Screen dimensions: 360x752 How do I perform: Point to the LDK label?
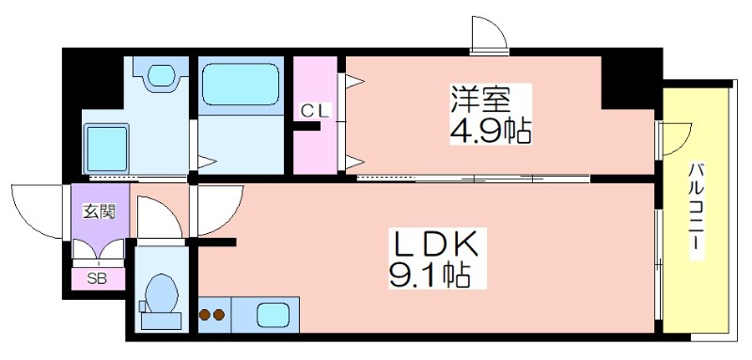tap(438, 246)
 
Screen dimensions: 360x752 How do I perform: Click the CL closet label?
tap(315, 111)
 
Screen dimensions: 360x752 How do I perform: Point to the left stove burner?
tap(206, 315)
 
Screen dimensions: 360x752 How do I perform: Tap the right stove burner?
tap(221, 315)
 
